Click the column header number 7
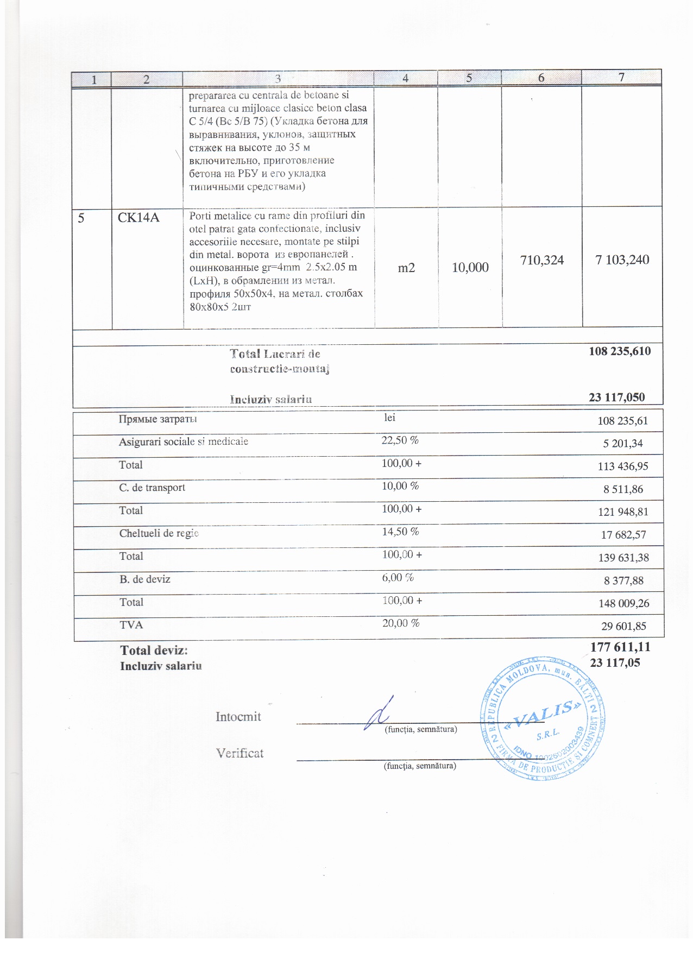621,77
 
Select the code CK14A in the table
139,218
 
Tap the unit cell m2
406,267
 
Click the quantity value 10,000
470,267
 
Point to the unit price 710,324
542,260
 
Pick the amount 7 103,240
622,260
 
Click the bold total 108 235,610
620,351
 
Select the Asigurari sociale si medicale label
184,441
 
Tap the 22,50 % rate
400,440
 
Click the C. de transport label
152,488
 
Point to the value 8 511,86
623,489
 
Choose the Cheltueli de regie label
159,533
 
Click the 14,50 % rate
400,532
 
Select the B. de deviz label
145,579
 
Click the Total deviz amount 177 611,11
620,647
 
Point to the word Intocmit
238,717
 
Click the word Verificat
240,753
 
